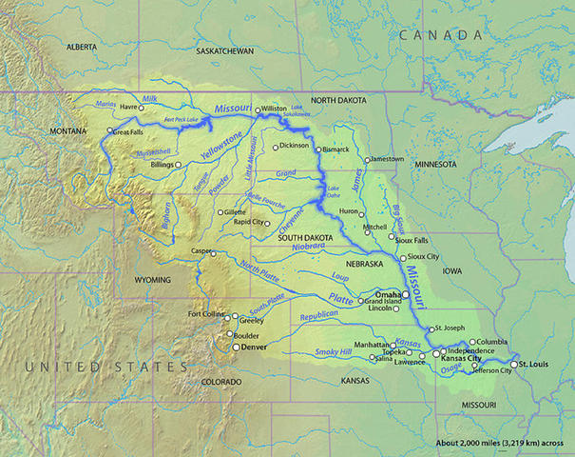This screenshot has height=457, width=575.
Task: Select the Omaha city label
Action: click(x=388, y=295)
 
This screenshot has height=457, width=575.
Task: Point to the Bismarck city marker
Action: click(x=318, y=149)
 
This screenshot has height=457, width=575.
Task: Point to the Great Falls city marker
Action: click(x=110, y=132)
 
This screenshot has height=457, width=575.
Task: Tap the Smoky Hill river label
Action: click(x=333, y=353)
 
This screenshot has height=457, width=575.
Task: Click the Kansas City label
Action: click(x=467, y=359)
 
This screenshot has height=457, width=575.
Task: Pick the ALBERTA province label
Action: click(x=83, y=46)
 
